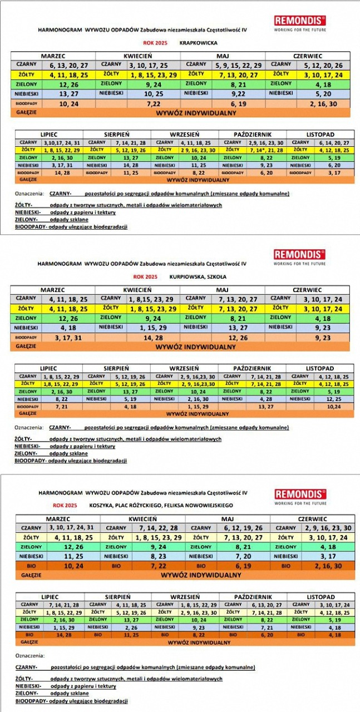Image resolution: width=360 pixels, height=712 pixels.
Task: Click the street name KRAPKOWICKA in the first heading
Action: click(199, 42)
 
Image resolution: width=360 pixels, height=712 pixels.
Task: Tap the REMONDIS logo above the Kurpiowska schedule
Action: click(299, 254)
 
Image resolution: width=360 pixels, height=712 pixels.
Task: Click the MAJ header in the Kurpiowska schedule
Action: click(223, 290)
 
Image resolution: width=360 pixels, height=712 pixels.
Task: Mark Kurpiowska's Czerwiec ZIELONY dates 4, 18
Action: click(323, 319)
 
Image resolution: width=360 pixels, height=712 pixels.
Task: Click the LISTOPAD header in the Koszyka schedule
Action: click(320, 596)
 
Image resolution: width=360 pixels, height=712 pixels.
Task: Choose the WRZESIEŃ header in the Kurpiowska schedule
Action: click(184, 368)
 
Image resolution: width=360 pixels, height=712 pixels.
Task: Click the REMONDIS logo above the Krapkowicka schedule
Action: click(299, 21)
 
